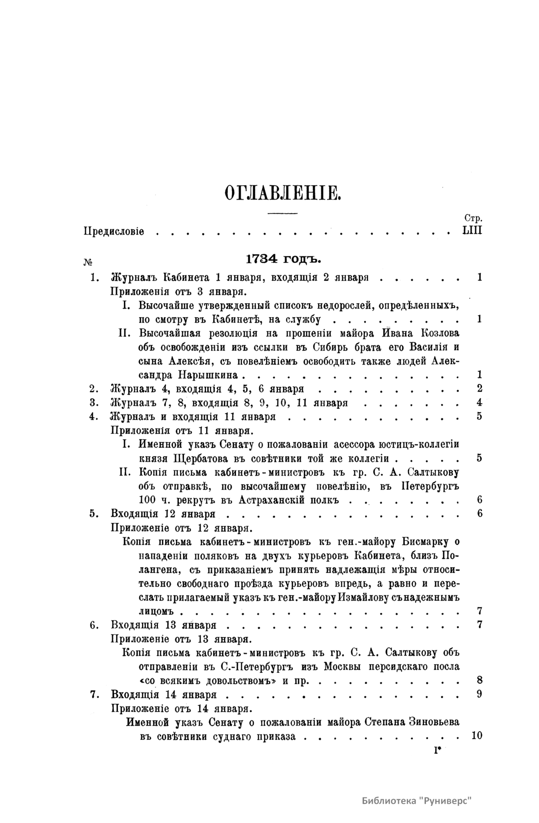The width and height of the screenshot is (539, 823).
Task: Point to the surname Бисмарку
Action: (424, 542)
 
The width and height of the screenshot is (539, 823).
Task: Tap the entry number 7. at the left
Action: (94, 694)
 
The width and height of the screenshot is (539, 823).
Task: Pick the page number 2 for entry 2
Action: (479, 388)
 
